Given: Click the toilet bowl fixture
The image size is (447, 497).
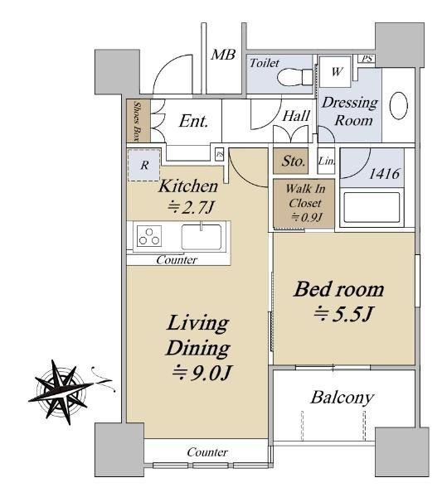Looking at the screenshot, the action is click(295, 77).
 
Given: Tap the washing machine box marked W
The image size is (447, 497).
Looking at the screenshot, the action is click(335, 71).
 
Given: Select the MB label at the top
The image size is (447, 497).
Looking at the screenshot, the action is click(223, 55).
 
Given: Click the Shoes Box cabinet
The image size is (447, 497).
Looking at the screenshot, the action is click(138, 121).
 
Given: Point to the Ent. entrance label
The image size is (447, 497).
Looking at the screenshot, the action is click(193, 122).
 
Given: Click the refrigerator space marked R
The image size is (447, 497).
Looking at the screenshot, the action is click(144, 165).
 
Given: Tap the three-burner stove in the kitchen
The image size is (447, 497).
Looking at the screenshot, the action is click(148, 236).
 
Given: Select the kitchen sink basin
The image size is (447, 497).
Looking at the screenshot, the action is click(202, 237).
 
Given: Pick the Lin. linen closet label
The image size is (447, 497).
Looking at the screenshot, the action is click(327, 161).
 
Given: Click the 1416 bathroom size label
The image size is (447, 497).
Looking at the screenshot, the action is click(385, 174).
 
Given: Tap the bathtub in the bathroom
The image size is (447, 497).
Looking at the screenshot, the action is click(372, 207).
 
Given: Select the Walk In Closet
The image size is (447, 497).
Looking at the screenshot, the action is click(304, 203).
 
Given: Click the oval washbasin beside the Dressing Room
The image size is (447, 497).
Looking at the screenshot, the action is click(398, 105).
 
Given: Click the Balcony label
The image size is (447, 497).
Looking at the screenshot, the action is click(343, 398).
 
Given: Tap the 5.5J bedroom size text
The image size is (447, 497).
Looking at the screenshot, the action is click(343, 315).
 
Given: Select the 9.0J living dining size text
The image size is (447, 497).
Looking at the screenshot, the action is click(202, 373).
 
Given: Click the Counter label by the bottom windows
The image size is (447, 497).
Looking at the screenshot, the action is click(207, 452).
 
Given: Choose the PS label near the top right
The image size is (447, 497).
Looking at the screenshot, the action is click(367, 59).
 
